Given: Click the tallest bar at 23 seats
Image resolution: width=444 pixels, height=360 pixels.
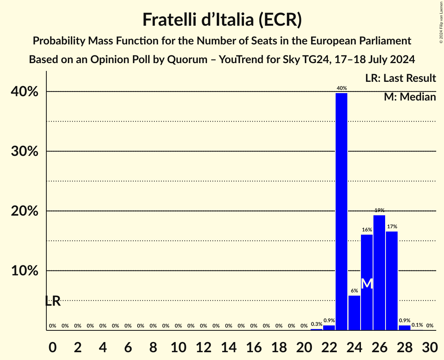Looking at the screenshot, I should tap(341, 210).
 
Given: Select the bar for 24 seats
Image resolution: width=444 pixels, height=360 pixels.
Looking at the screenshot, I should tap(354, 312).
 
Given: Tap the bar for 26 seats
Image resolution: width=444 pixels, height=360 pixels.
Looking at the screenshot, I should tap(379, 272).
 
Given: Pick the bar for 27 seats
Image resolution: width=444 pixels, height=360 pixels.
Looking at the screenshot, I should tap(392, 281).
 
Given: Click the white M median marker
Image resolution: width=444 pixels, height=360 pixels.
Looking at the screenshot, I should tap(367, 284).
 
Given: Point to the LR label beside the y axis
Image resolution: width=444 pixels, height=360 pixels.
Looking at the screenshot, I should tap(53, 301).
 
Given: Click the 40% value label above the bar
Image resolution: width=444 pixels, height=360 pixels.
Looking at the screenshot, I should tap(341, 88).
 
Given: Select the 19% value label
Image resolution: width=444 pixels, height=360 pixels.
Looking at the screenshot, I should tap(379, 210).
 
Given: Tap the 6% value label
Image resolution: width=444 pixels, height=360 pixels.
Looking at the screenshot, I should tap(354, 291).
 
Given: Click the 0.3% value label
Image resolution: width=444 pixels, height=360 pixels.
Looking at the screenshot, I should tap(317, 324).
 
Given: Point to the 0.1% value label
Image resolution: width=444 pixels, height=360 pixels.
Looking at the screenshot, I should tap(417, 325).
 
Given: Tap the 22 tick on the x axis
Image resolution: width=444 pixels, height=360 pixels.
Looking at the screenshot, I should tap(329, 346).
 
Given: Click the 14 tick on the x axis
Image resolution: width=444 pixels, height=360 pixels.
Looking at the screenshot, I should tap(228, 346).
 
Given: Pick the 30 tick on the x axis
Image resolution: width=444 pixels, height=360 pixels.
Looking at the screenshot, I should tap(430, 346).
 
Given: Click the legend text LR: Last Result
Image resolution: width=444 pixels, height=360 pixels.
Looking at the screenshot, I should tap(400, 78).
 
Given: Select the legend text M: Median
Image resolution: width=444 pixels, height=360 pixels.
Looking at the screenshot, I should tap(410, 97).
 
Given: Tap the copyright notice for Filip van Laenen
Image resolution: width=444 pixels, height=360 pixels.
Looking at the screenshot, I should tap(441, 22).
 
